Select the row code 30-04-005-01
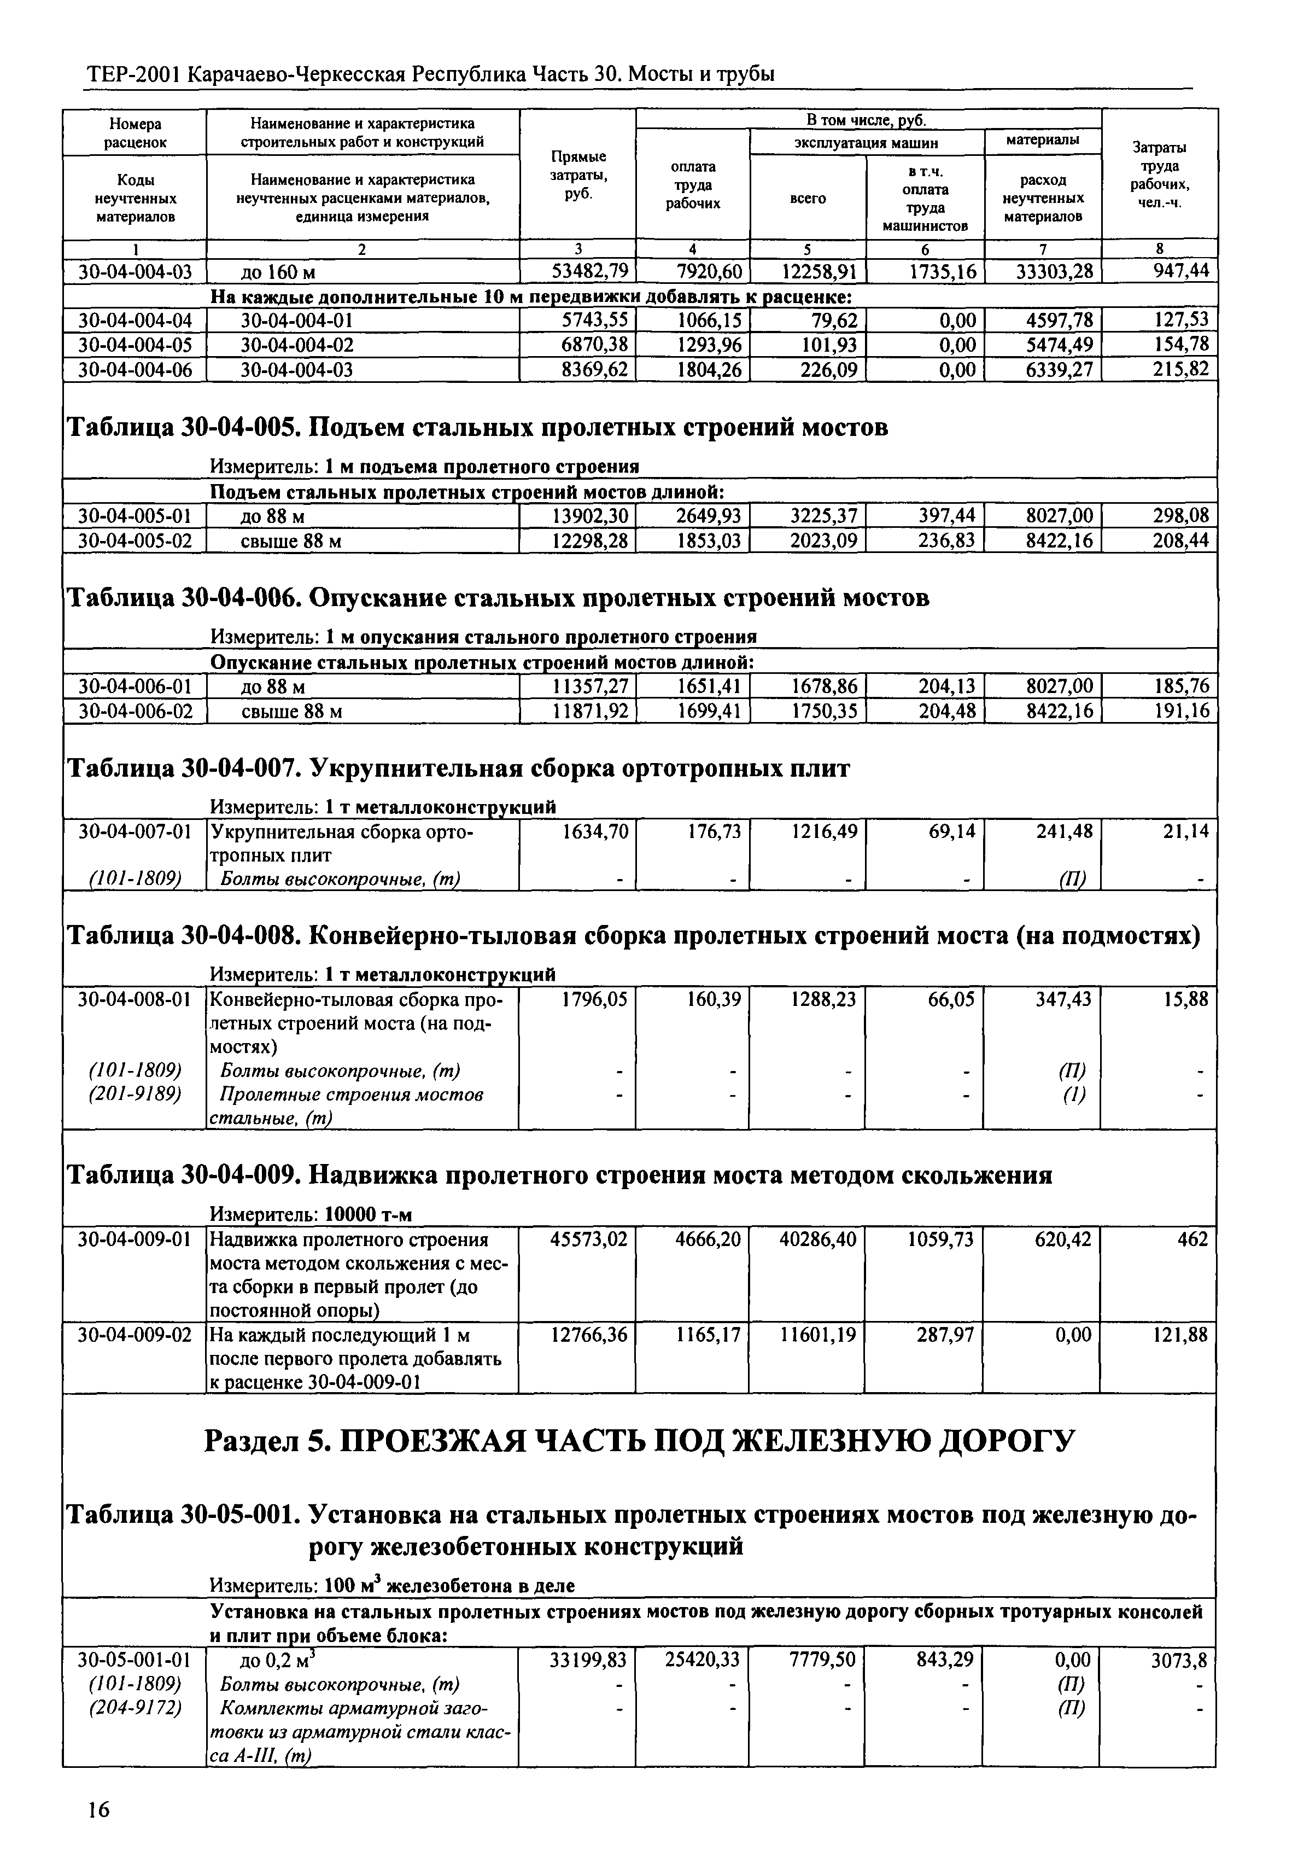click(x=135, y=516)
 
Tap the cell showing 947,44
click(x=1180, y=271)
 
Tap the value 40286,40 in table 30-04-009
click(x=817, y=1239)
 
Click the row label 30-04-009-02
click(x=135, y=1334)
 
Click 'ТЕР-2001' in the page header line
click(x=133, y=74)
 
